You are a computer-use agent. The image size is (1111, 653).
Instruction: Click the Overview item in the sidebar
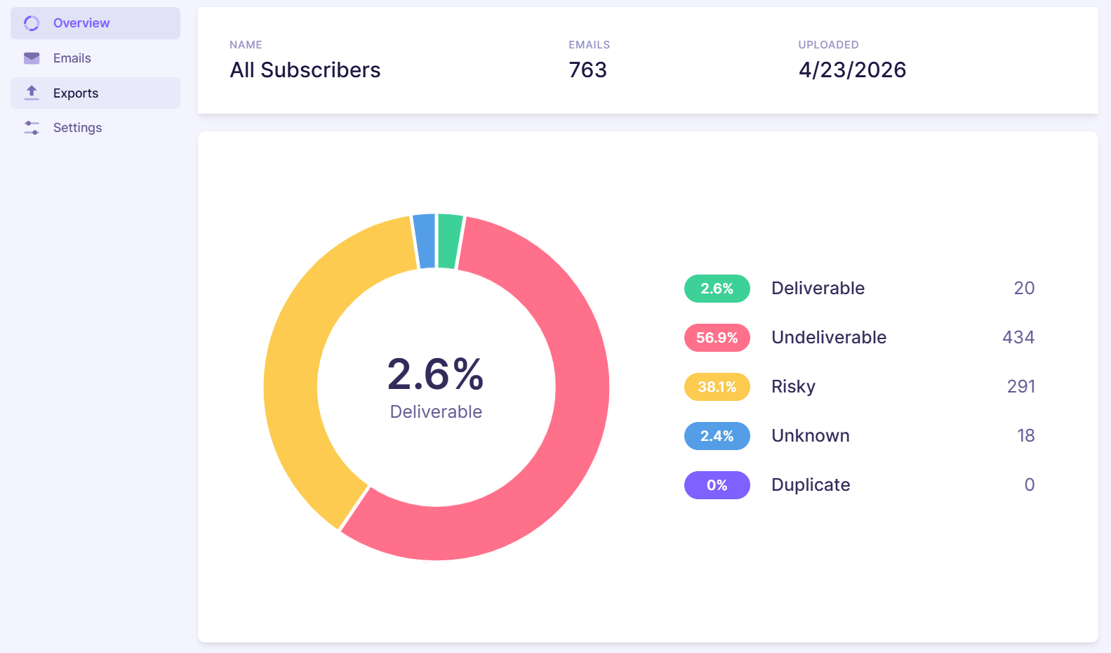click(x=95, y=23)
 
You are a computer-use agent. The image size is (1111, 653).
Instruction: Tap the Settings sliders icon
click(x=32, y=128)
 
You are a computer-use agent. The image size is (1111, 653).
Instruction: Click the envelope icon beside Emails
click(x=32, y=58)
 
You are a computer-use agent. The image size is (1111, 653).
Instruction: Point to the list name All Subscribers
click(x=305, y=70)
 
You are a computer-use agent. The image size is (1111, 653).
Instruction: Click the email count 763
click(x=587, y=70)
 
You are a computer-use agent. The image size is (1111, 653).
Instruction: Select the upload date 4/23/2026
click(x=852, y=70)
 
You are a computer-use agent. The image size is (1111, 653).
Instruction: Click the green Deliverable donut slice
click(x=449, y=241)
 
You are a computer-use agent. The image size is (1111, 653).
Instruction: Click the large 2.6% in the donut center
click(x=435, y=374)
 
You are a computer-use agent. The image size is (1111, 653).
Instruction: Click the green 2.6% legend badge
click(x=717, y=289)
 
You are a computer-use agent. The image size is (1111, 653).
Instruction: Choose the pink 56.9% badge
click(x=717, y=338)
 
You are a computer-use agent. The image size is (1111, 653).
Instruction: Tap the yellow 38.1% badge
click(x=717, y=387)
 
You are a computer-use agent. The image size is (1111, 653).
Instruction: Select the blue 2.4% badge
click(x=717, y=435)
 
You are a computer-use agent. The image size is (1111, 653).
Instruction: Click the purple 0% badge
click(x=717, y=484)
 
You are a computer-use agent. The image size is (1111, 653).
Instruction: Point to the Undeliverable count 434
click(x=1018, y=338)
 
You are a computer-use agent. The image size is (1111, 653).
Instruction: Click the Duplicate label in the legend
click(x=811, y=484)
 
